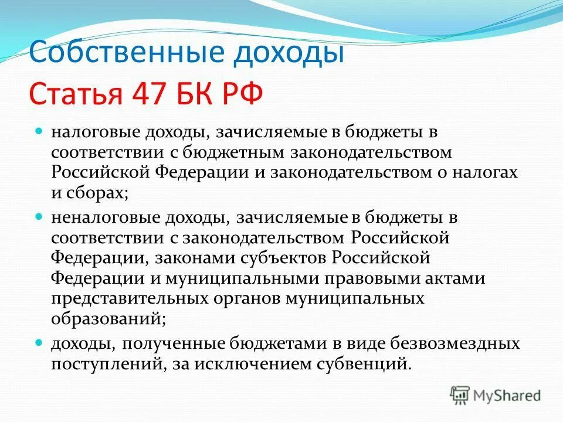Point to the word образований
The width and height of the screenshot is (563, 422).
[x=106, y=318]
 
